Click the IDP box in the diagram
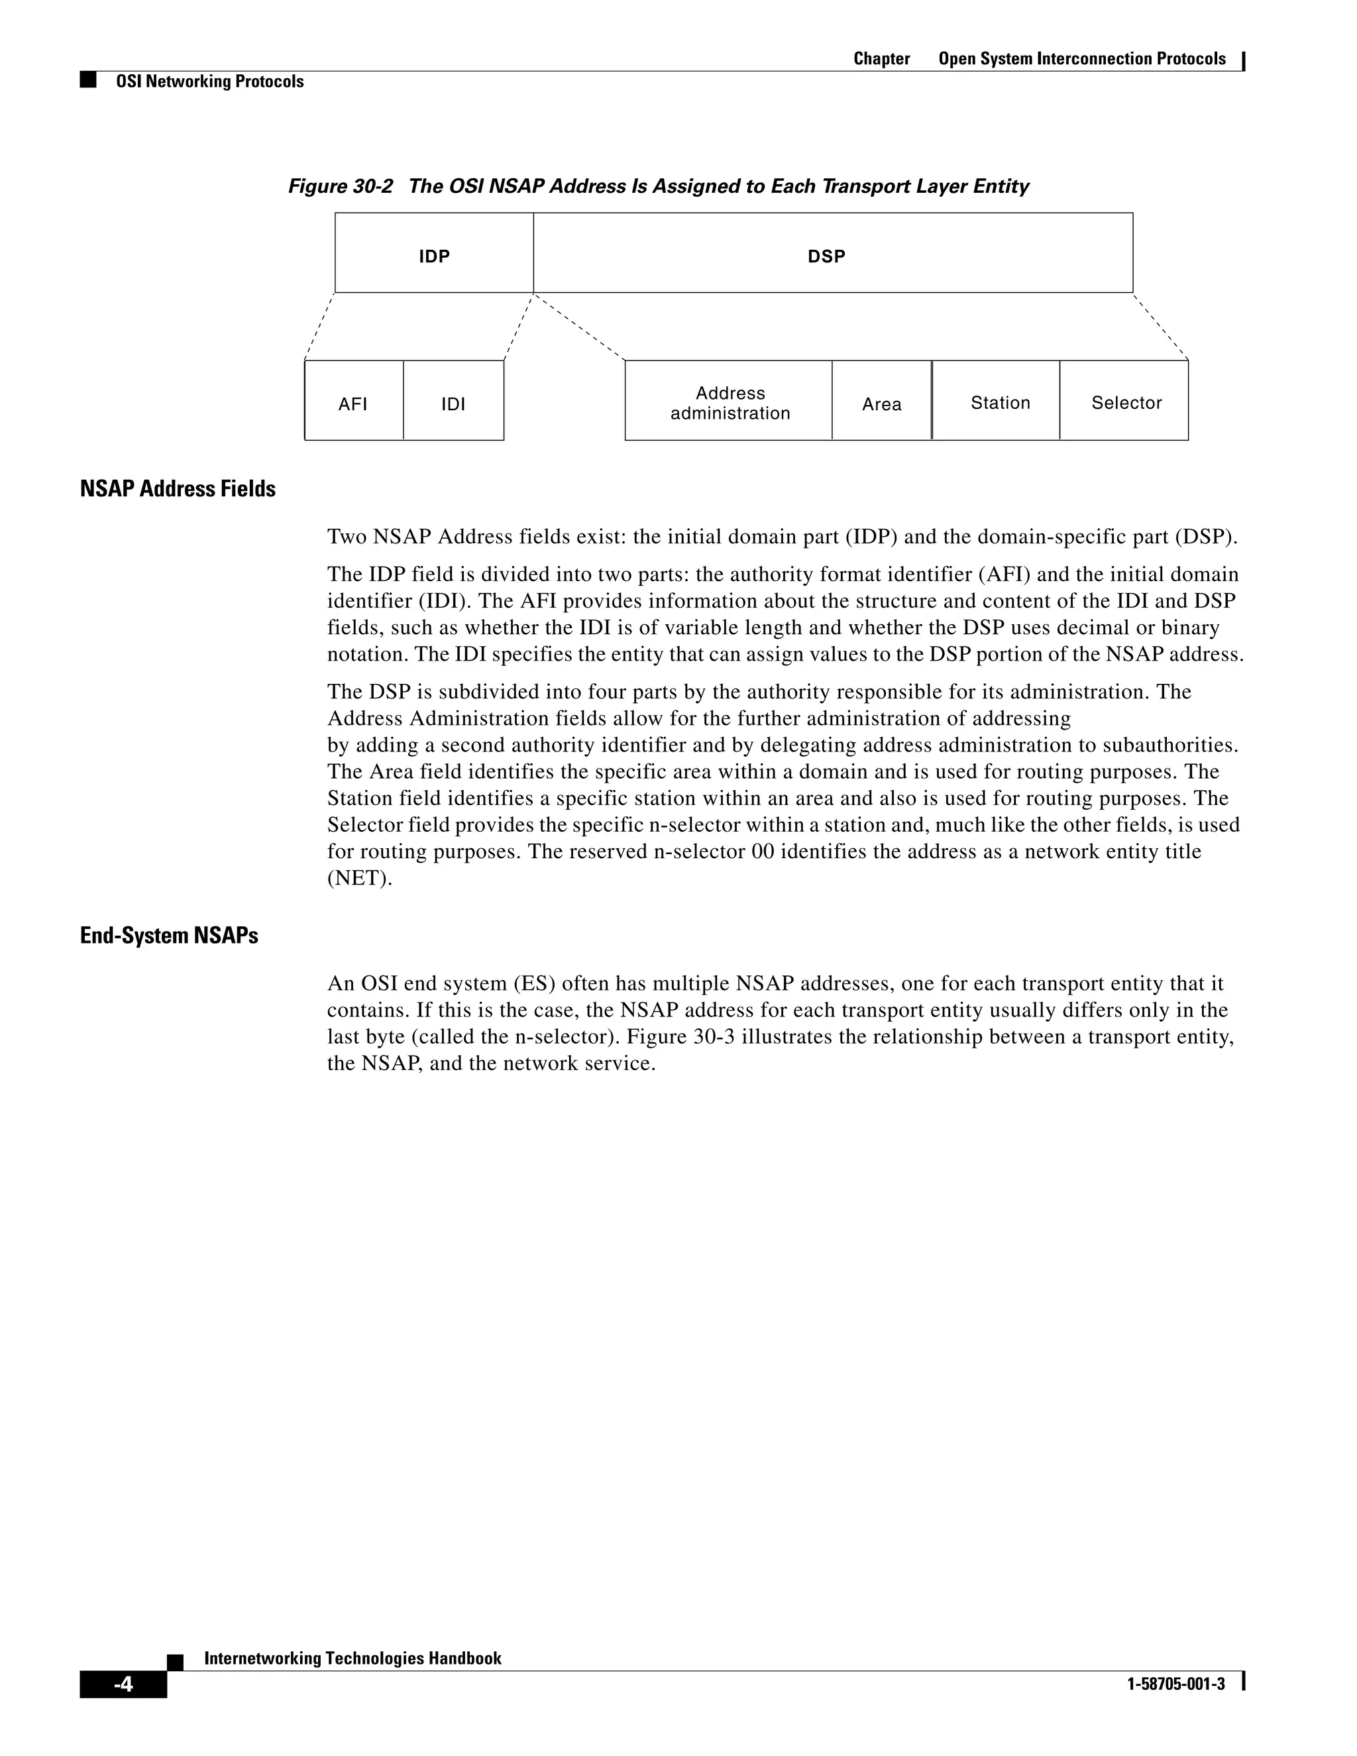[x=434, y=253]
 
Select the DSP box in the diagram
[x=833, y=253]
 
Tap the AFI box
[x=354, y=401]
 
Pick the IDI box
[x=453, y=401]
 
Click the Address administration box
[x=728, y=401]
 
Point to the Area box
[x=881, y=401]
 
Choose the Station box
[x=996, y=401]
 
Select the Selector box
[x=1124, y=401]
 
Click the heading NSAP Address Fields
[x=178, y=489]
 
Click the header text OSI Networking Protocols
[x=210, y=82]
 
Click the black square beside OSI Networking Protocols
[x=88, y=80]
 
